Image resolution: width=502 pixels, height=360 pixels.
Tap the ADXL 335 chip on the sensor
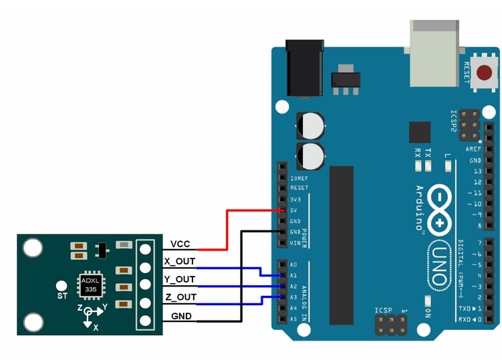91,285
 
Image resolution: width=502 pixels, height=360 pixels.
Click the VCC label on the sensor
180,244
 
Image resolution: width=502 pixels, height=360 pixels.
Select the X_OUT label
180,261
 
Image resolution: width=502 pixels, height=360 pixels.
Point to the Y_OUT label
180,279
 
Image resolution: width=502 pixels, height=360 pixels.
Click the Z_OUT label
180,297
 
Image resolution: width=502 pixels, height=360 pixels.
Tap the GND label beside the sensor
181,316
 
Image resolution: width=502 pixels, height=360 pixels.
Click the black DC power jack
304,67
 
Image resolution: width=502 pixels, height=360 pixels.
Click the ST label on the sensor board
62,295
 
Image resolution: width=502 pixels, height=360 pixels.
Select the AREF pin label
474,149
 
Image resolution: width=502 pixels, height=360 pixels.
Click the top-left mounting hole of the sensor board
32,248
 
